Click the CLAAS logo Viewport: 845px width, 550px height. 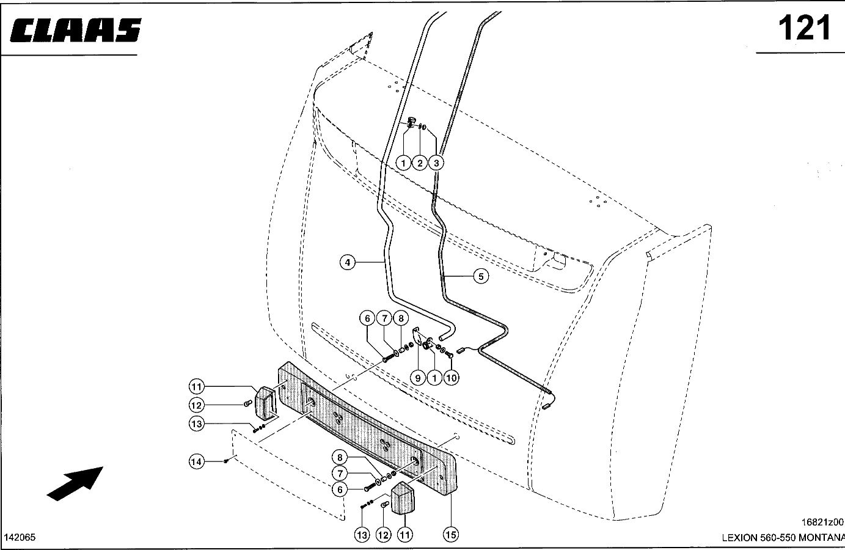click(x=75, y=30)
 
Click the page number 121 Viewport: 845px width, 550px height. click(x=805, y=28)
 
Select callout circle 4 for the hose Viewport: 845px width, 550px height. click(x=348, y=262)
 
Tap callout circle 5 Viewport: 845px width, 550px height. click(x=481, y=276)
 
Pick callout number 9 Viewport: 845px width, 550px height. click(x=417, y=378)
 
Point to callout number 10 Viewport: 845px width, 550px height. click(x=451, y=378)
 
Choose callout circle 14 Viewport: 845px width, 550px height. click(x=197, y=462)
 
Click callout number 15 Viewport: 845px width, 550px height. click(x=451, y=535)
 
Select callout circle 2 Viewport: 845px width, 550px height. click(x=420, y=163)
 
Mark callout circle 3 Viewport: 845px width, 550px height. click(x=436, y=163)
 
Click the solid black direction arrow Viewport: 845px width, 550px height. click(x=75, y=483)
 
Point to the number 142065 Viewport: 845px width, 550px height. click(x=20, y=537)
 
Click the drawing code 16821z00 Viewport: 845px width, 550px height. click(x=822, y=522)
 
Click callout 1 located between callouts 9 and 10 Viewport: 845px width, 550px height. click(x=434, y=378)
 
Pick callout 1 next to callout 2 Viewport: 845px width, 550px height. click(x=403, y=163)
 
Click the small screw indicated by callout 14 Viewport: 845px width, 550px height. click(x=225, y=461)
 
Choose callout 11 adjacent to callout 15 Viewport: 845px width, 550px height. click(x=404, y=535)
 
